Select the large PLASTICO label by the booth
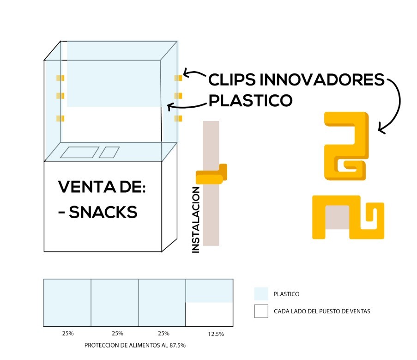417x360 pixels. (250, 100)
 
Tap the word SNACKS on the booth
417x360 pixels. (103, 212)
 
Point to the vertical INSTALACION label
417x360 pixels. (196, 220)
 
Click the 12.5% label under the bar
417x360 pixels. (209, 334)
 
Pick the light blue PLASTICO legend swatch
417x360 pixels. (261, 294)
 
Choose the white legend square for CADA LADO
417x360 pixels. (261, 311)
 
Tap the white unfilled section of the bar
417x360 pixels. (209, 314)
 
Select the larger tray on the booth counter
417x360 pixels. (79, 152)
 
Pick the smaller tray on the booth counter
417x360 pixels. (109, 152)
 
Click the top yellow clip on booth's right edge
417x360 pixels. (178, 78)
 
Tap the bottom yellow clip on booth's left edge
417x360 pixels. (60, 119)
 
